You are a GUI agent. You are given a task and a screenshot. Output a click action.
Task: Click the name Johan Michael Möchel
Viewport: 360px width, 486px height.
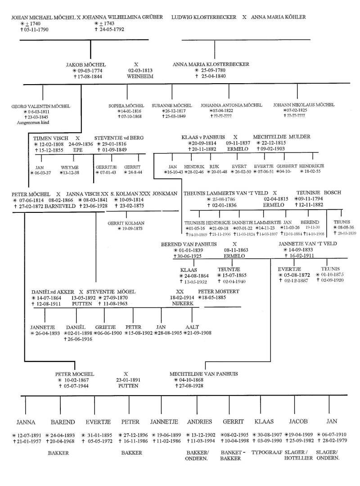point(43,18)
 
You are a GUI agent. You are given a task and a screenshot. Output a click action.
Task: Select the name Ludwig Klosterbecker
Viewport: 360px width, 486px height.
point(204,18)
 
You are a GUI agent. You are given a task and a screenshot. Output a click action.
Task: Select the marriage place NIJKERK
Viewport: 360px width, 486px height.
point(182,304)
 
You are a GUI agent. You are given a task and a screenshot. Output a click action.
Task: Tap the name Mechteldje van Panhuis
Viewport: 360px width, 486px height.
point(203,374)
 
